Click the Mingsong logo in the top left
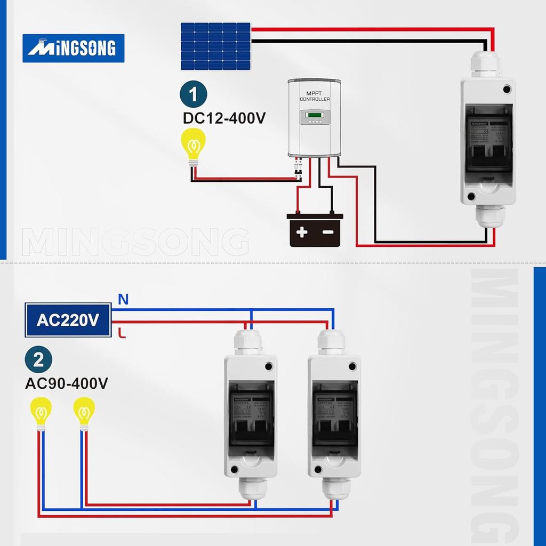[73, 49]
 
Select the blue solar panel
[215, 46]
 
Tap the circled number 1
[193, 95]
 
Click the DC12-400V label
[224, 118]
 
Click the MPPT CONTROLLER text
[315, 97]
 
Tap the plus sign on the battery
[302, 232]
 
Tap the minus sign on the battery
[328, 232]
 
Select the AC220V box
[68, 320]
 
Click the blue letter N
[123, 300]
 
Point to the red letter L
[122, 333]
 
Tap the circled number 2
[38, 360]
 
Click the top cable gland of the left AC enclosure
[249, 342]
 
